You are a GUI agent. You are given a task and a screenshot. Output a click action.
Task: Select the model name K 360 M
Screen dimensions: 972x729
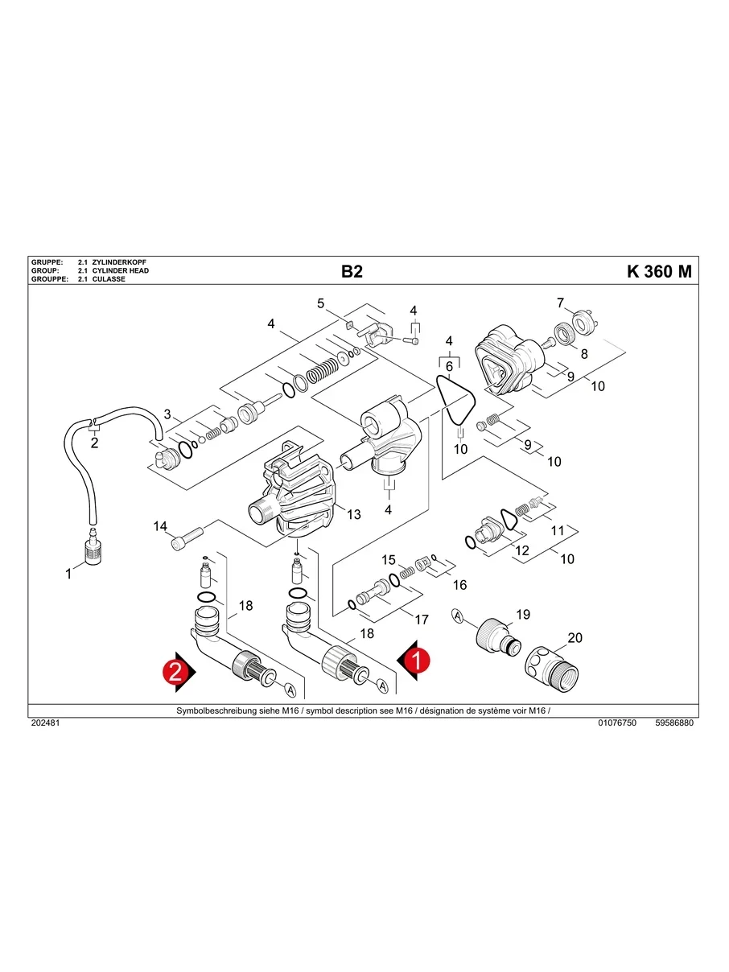(658, 271)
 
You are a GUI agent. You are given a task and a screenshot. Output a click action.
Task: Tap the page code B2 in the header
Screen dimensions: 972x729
(352, 271)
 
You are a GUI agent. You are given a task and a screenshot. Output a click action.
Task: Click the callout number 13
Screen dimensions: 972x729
(354, 514)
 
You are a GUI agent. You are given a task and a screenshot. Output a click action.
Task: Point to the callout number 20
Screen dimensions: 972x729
(575, 637)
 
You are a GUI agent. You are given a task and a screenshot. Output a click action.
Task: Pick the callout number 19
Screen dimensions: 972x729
(523, 615)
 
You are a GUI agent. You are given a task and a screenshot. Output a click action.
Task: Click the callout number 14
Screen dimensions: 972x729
(160, 526)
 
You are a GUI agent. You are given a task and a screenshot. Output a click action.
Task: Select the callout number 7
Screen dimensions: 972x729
(561, 303)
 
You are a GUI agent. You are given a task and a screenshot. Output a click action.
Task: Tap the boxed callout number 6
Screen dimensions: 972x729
(449, 366)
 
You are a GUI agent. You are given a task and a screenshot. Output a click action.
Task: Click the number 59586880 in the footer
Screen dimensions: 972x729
(673, 723)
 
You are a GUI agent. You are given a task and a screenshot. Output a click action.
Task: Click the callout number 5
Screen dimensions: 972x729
(320, 303)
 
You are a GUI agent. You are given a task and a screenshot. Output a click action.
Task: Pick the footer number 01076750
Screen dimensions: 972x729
(617, 723)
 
